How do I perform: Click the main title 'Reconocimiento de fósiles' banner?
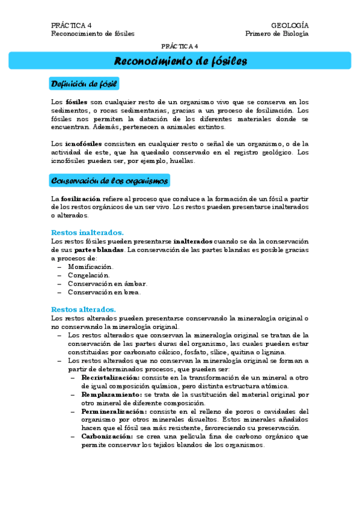click(180, 61)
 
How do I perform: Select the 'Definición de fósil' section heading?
click(84, 83)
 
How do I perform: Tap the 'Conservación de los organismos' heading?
click(110, 180)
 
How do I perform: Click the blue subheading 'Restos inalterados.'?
click(88, 232)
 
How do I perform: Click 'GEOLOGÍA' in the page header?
click(290, 25)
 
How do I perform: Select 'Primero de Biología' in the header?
click(277, 34)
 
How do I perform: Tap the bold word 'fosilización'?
click(81, 198)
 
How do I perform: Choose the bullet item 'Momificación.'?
click(90, 266)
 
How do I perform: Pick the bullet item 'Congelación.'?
click(88, 275)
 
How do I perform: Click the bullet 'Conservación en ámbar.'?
click(107, 283)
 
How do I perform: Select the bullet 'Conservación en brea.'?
click(104, 292)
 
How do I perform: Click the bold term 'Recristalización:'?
click(110, 377)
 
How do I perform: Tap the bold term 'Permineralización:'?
click(112, 411)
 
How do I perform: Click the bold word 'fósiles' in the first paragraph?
click(76, 102)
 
